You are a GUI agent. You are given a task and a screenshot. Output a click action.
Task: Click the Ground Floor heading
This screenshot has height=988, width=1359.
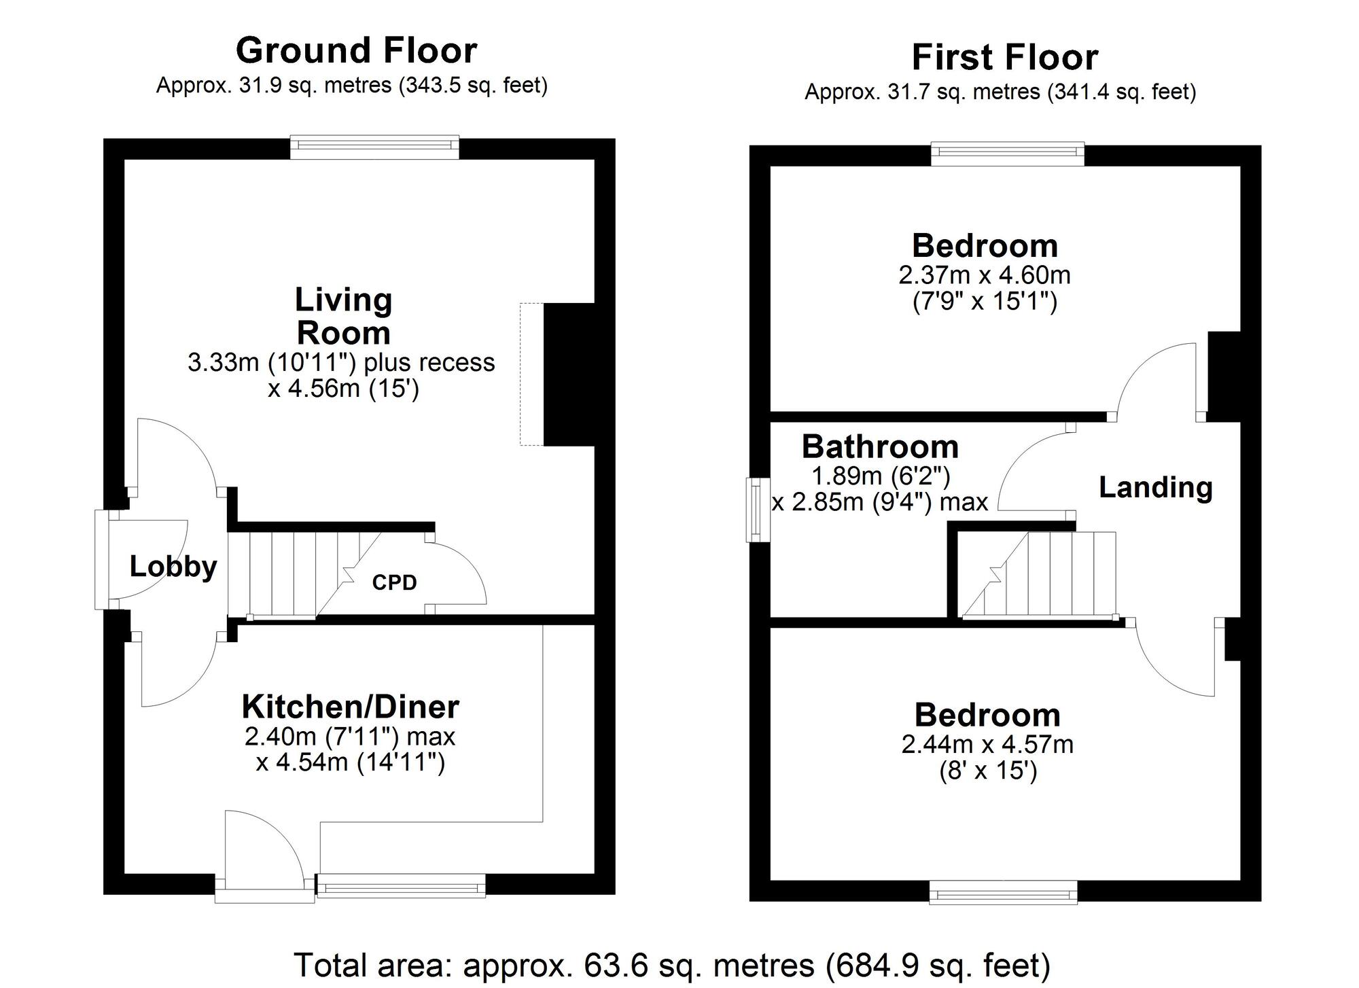point(356,50)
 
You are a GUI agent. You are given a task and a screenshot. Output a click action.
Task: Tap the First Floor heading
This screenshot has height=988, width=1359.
point(1004,57)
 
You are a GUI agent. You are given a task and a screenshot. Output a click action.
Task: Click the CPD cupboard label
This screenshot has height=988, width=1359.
point(394,582)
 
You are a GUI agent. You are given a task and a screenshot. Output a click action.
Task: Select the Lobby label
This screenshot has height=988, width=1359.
point(173,566)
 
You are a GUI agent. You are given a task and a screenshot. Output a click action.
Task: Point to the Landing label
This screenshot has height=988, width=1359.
point(1155,487)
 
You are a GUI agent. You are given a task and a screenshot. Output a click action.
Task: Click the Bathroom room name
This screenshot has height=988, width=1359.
point(880,446)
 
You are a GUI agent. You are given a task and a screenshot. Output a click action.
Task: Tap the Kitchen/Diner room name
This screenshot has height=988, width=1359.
point(351,707)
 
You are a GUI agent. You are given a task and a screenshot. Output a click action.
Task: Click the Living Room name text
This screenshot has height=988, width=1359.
point(344,317)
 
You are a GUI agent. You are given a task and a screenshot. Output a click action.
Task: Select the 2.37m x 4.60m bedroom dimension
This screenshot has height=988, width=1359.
point(985,275)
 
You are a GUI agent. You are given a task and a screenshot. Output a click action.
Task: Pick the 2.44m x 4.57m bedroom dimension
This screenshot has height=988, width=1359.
point(987,745)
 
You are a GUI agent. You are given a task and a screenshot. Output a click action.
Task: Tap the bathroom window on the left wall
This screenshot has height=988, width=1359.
point(754,510)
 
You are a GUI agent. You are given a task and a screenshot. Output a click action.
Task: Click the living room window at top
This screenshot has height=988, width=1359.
point(374,147)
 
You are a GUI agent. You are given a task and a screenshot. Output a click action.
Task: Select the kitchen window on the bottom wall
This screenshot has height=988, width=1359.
point(402,887)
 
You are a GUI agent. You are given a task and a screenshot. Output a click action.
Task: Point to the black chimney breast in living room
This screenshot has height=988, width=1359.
point(569,374)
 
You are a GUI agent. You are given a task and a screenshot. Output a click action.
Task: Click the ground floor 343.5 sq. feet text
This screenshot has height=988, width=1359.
point(473,86)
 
